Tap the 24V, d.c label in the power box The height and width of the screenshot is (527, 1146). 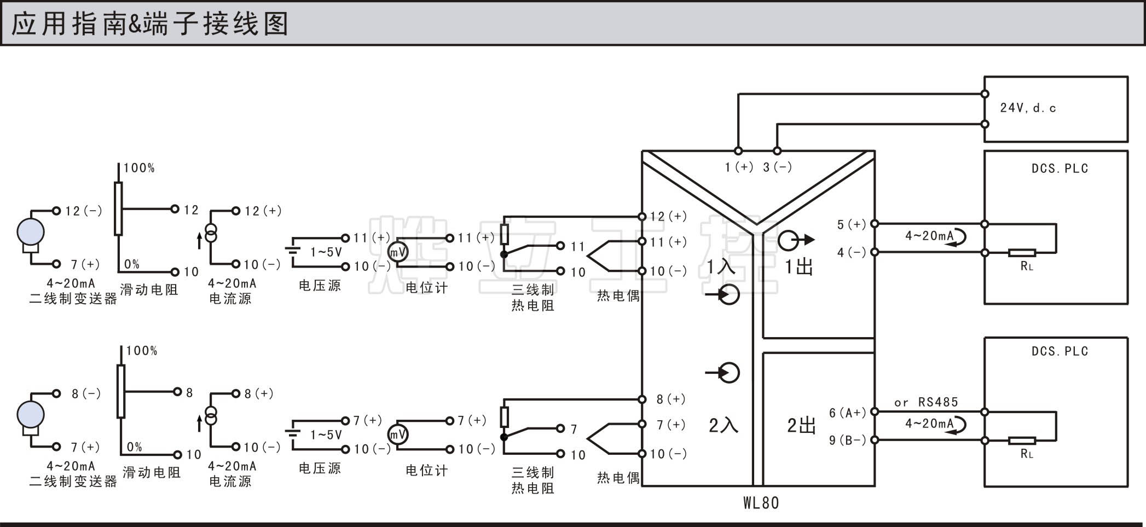(x=1028, y=108)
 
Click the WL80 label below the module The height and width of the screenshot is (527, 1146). (x=761, y=502)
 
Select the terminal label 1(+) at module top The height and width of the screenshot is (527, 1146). (x=739, y=167)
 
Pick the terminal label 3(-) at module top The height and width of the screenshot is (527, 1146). (x=777, y=167)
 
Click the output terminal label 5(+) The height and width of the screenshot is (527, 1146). (x=851, y=224)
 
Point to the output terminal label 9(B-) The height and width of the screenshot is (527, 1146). (x=847, y=440)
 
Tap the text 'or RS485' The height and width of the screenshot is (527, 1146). (x=926, y=402)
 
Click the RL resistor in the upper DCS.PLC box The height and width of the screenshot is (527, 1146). (x=1022, y=253)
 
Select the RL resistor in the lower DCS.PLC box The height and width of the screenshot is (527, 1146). (x=1022, y=441)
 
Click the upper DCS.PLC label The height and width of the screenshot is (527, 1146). (x=1060, y=169)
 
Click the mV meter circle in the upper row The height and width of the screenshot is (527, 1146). (x=398, y=252)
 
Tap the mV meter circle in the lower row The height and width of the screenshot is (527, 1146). (x=398, y=435)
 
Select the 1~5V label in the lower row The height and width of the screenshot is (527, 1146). (x=326, y=435)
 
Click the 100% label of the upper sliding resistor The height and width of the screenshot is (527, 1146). (x=139, y=168)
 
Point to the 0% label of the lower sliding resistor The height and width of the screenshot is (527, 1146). (x=135, y=447)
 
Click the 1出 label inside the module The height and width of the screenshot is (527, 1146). (x=799, y=267)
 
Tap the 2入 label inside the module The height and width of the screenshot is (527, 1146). (x=724, y=425)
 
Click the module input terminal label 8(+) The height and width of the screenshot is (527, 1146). (x=671, y=399)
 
